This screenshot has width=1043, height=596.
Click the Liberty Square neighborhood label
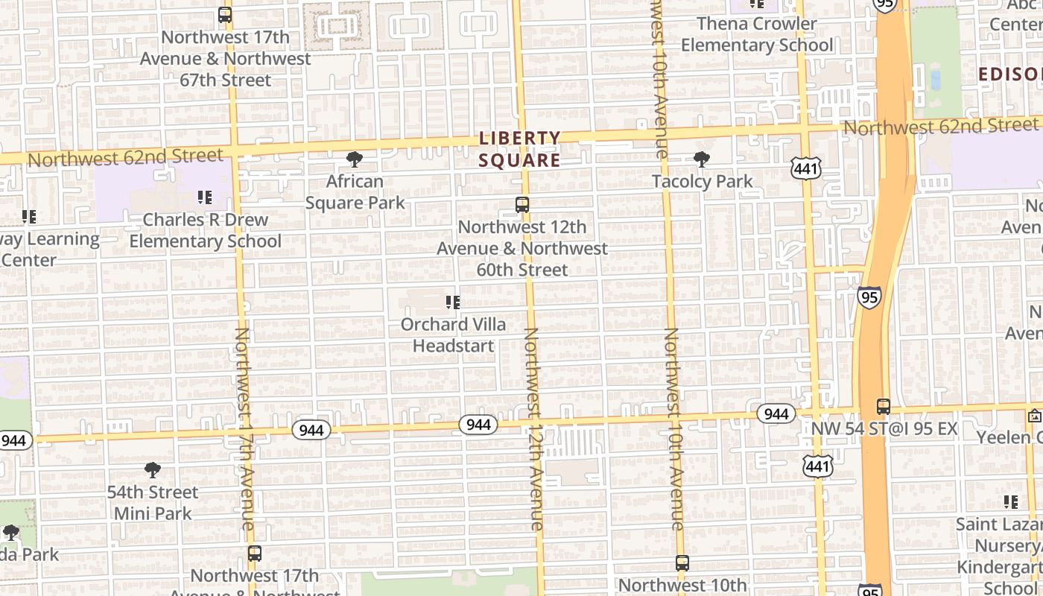click(x=519, y=149)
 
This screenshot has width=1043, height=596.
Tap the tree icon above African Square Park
click(x=355, y=159)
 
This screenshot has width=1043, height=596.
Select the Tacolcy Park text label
click(x=702, y=181)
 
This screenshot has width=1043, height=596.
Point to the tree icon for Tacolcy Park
click(x=701, y=159)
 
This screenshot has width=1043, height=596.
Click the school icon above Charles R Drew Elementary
click(x=205, y=197)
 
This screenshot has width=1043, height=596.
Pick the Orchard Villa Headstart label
click(x=453, y=335)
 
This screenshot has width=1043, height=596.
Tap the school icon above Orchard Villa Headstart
click(x=453, y=302)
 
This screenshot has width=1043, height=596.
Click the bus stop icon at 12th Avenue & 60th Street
click(x=522, y=204)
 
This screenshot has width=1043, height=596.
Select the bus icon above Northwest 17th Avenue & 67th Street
click(x=225, y=14)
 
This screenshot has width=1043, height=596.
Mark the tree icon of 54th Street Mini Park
click(x=153, y=469)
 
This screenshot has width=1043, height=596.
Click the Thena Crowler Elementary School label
click(x=757, y=34)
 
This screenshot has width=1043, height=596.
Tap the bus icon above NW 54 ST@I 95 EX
click(x=884, y=407)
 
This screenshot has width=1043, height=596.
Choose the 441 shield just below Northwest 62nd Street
click(x=807, y=169)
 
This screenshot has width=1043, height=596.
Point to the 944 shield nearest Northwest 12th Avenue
click(x=478, y=424)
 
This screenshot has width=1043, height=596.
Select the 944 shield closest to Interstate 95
click(x=776, y=413)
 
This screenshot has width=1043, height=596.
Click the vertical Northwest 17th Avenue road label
click(x=245, y=428)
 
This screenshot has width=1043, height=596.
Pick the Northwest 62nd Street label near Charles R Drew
click(x=125, y=157)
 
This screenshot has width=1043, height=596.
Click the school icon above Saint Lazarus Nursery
click(x=1011, y=502)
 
